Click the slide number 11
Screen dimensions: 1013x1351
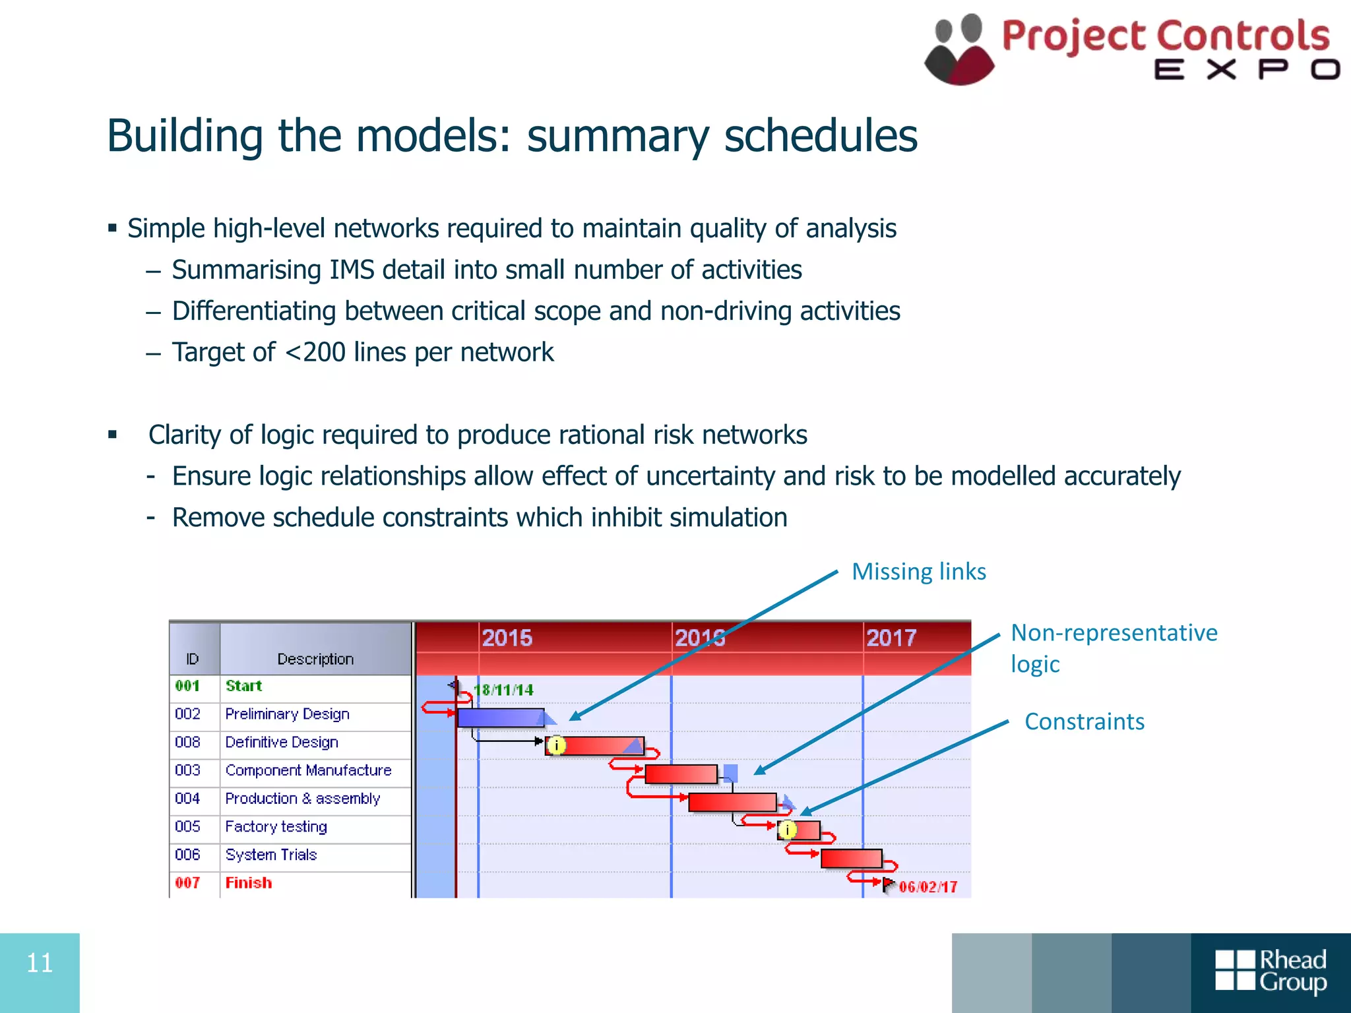pos(40,964)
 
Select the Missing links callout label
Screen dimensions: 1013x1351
pos(919,572)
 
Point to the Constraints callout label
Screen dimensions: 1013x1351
pos(1084,721)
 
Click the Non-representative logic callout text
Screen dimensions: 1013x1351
pos(1114,648)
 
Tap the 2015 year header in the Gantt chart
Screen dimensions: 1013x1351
pos(507,638)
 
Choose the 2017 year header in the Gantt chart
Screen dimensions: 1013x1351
pos(891,638)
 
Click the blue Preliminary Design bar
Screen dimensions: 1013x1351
pos(500,718)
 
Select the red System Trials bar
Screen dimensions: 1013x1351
pos(851,859)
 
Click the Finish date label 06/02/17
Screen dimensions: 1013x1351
pos(927,887)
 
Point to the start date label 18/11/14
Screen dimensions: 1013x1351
pos(504,691)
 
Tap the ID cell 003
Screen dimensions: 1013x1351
pos(188,770)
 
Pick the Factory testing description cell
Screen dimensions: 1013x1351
pos(276,826)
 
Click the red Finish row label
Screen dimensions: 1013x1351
pos(249,883)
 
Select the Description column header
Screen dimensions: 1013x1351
pos(315,659)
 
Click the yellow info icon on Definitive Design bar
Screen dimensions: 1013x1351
pos(557,745)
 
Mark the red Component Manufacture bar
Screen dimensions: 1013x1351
pos(681,774)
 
